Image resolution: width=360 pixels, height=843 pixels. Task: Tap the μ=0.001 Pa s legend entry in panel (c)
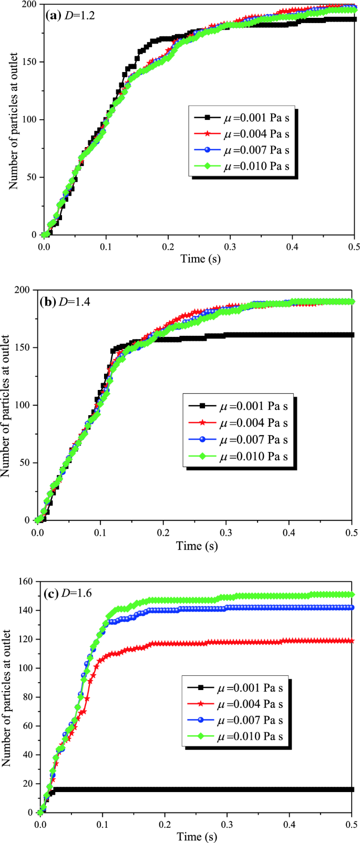click(x=235, y=687)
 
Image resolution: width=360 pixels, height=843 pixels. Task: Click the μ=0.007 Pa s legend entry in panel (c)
click(x=235, y=720)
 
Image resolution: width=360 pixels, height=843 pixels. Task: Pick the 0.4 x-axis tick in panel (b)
click(x=288, y=532)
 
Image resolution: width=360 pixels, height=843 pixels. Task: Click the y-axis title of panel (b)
click(x=6, y=405)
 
